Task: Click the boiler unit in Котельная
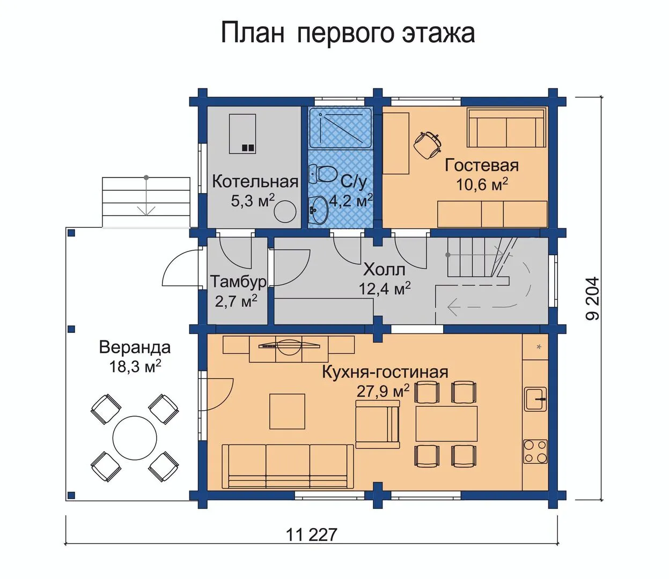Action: click(242, 133)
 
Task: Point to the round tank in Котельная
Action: click(285, 211)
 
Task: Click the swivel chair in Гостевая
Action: click(428, 145)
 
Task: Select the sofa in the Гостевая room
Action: click(506, 128)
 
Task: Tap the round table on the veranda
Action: click(135, 439)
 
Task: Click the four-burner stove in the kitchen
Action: click(535, 451)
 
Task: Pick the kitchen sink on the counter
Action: click(535, 399)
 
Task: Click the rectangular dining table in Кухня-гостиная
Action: click(447, 424)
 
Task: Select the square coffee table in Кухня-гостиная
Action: click(288, 411)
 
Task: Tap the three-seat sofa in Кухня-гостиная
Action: click(288, 466)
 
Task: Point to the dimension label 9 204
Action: click(592, 299)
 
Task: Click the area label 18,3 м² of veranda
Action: click(135, 367)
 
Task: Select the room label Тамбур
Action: click(239, 281)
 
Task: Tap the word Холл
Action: click(384, 270)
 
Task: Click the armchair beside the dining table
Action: click(377, 424)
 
